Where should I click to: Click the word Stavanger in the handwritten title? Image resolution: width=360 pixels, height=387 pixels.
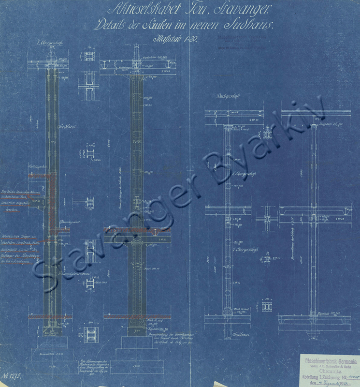[x=248, y=9]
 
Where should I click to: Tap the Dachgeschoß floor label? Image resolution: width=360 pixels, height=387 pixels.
[x=227, y=96]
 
